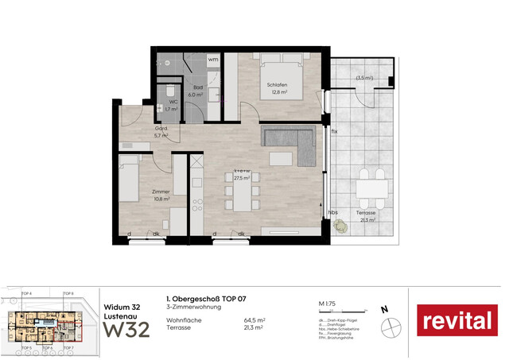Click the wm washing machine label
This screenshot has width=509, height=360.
(x=212, y=60)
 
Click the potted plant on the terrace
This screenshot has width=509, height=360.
(x=341, y=226)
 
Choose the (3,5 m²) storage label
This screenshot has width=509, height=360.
(x=365, y=78)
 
